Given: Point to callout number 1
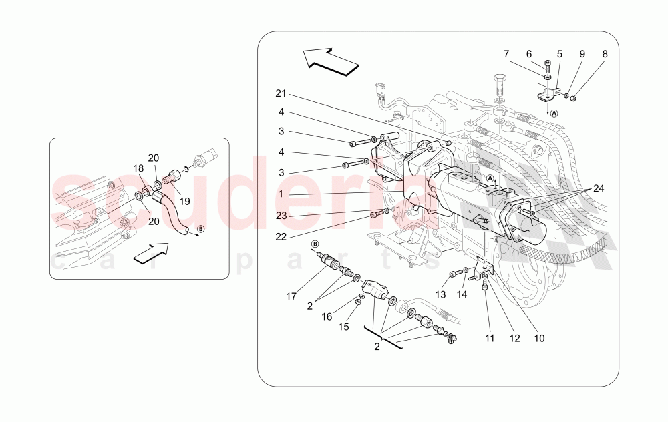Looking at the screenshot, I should coord(281,194).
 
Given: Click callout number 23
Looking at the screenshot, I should coord(281,215).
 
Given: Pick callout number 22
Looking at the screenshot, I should coord(281,236).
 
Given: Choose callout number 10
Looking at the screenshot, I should coord(539,339).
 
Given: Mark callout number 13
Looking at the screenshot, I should coord(441,295).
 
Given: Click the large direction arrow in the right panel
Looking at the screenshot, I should coord(331,60).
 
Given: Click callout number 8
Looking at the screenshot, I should coord(605,53).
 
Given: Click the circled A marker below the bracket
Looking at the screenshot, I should coord(554,113).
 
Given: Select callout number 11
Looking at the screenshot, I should coord(490,339).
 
